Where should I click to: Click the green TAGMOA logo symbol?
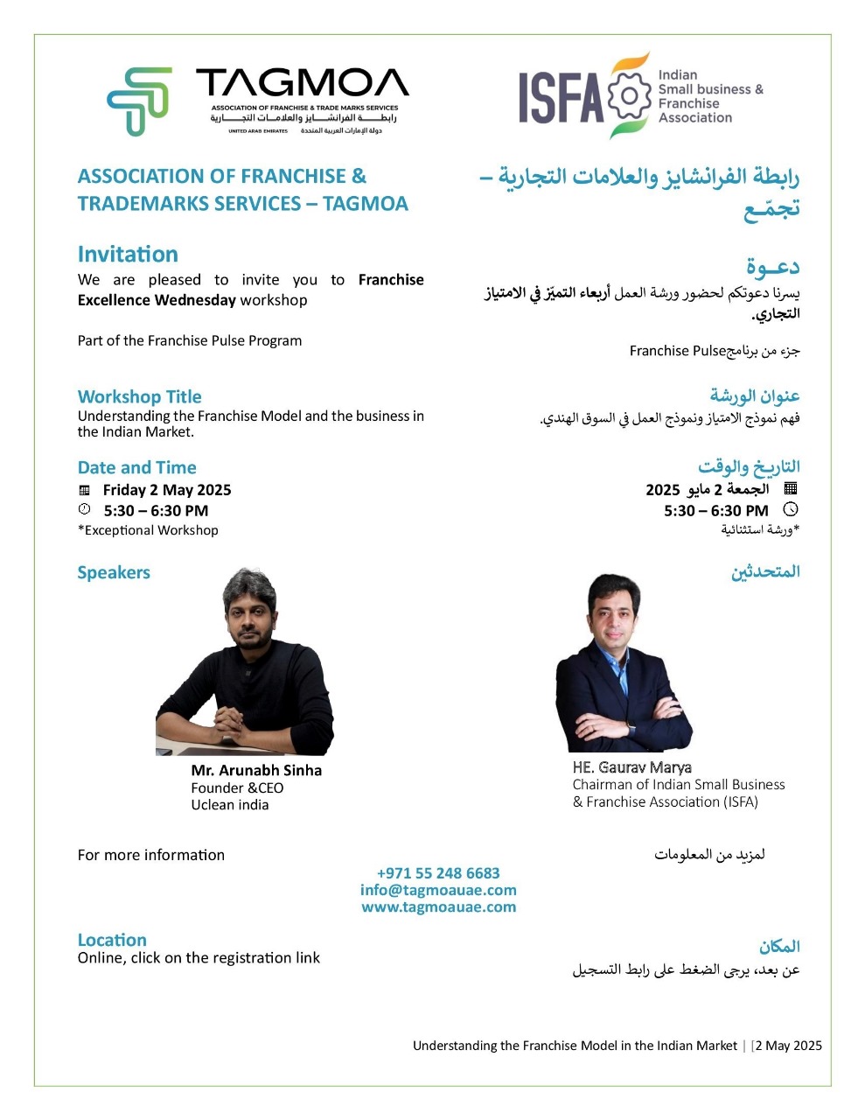[x=138, y=101]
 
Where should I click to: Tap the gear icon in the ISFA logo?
[x=629, y=96]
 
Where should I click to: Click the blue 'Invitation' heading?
[x=128, y=255]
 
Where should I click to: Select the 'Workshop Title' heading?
[x=139, y=396]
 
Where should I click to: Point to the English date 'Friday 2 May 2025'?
[x=167, y=490]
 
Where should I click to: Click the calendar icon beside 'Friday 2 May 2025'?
[x=85, y=491]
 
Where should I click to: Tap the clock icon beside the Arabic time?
[x=791, y=509]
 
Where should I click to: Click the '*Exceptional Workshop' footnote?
[x=148, y=530]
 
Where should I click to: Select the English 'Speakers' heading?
[x=114, y=573]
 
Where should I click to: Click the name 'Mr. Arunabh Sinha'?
[x=256, y=770]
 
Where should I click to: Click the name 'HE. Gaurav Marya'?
[x=632, y=767]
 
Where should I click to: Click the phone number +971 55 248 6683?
[x=438, y=873]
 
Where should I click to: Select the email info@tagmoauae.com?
[x=438, y=890]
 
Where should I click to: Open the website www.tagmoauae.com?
[x=438, y=906]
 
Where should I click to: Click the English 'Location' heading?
[x=112, y=940]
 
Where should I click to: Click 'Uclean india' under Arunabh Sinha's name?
[x=230, y=805]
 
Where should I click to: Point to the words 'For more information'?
[x=151, y=855]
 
